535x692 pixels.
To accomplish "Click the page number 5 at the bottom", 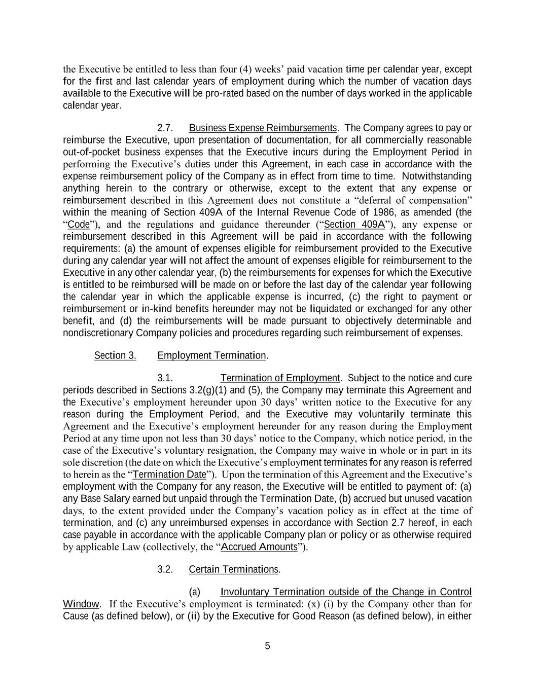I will click(267, 646).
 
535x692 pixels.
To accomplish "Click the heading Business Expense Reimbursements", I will click(262, 128).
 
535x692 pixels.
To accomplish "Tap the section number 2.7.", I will click(165, 128).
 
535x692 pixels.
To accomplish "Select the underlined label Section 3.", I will click(115, 355).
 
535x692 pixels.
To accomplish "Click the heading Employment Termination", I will click(211, 355).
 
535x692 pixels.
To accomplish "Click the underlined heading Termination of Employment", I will click(280, 378).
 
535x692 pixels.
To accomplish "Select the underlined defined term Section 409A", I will click(354, 225).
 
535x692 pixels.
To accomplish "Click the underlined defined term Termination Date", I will click(169, 475).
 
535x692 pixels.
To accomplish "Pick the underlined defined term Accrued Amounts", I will click(259, 547).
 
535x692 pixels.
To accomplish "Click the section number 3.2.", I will click(165, 569).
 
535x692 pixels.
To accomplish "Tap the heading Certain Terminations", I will click(233, 569).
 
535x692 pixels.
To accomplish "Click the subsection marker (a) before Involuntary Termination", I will click(194, 592).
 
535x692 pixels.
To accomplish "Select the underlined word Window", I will click(81, 604).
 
